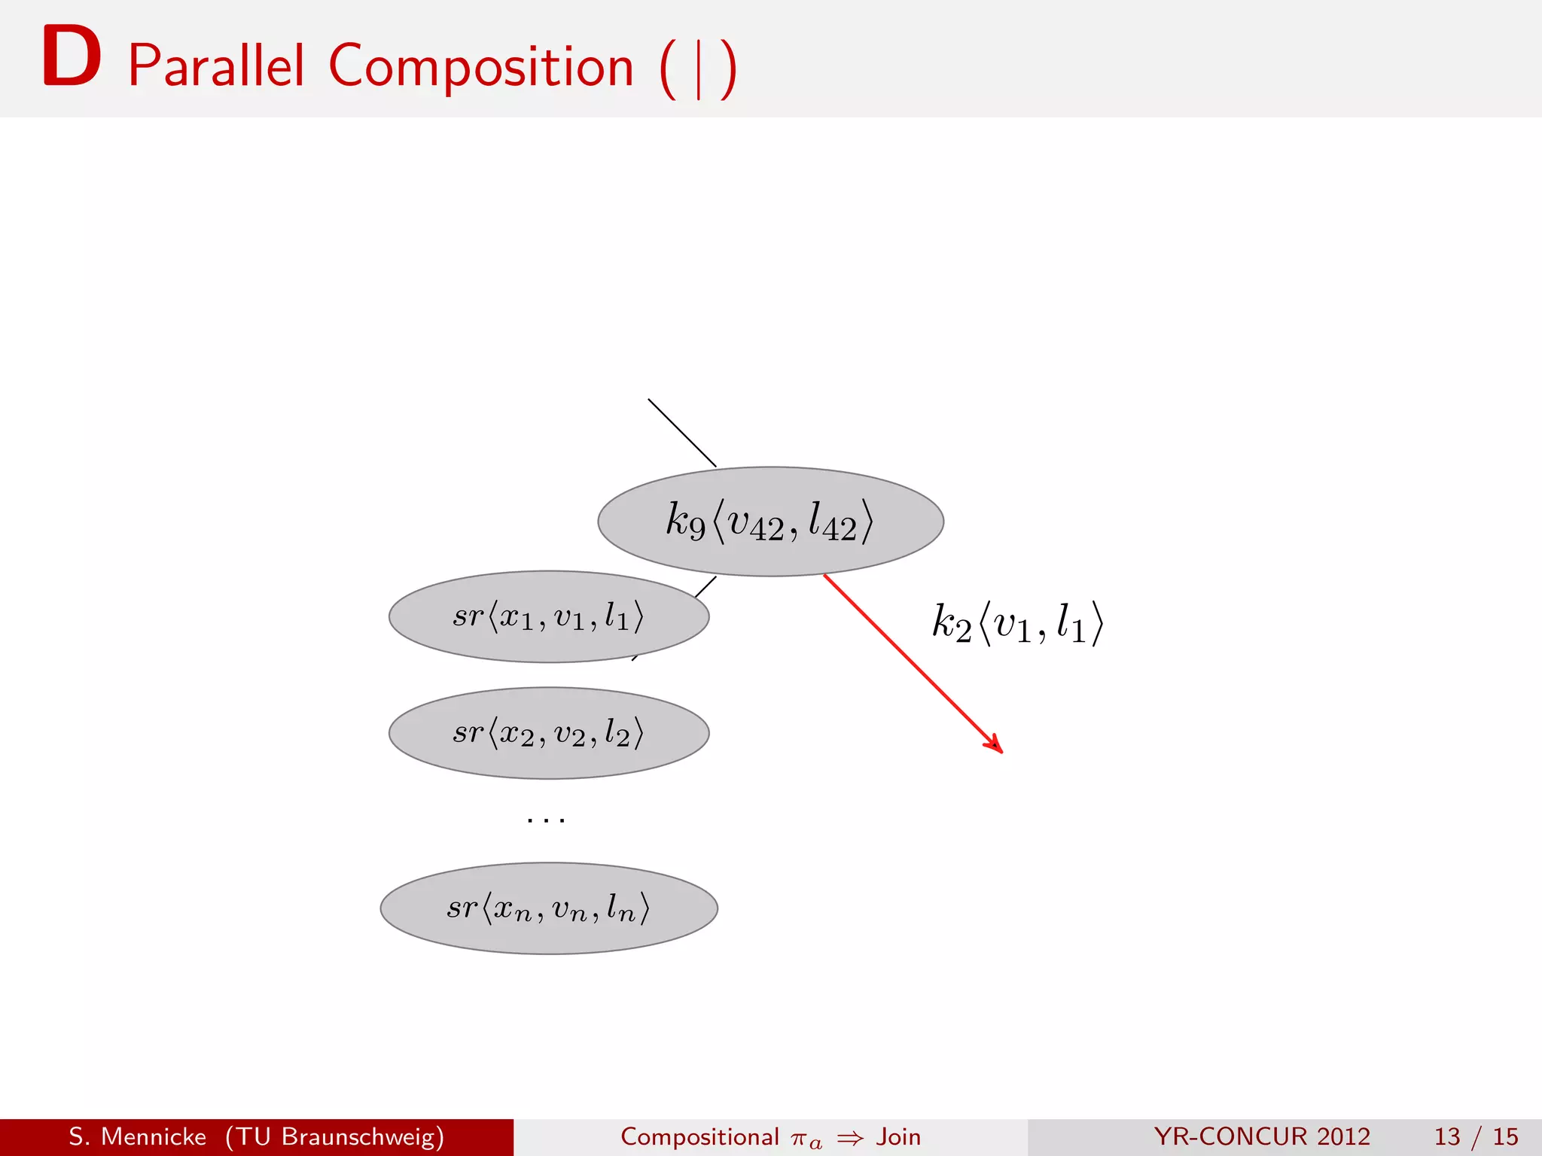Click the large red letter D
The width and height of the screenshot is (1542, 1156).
72,57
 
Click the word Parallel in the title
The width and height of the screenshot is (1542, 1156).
216,66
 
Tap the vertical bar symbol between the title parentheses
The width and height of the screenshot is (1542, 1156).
699,70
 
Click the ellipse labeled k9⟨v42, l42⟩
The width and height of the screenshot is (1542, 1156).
770,522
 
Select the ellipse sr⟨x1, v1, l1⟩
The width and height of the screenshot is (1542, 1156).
548,616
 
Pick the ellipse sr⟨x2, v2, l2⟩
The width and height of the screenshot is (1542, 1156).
548,733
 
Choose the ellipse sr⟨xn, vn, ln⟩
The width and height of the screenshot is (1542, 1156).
548,908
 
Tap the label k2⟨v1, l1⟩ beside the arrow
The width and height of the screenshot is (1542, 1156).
1017,623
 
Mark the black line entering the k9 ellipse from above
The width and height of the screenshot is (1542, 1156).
681,433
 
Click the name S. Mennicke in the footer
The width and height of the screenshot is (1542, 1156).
137,1136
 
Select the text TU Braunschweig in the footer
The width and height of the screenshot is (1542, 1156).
335,1136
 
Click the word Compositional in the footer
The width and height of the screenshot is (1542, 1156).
699,1136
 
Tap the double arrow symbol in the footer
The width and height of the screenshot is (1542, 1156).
850,1139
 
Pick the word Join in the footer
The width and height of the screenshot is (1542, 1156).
898,1136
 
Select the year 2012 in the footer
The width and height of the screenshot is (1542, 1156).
1343,1136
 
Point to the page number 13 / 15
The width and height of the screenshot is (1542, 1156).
1476,1136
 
